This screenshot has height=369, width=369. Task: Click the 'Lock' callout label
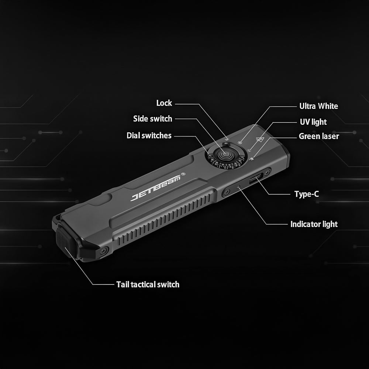[x=164, y=103]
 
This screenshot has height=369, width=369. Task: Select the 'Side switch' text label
[x=152, y=119]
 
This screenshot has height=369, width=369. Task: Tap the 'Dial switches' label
[x=149, y=135]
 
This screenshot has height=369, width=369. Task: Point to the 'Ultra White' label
[x=319, y=106]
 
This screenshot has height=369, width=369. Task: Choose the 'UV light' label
[x=313, y=122]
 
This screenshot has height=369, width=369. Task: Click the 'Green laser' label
[x=319, y=136]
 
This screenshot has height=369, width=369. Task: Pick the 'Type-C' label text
[x=307, y=194]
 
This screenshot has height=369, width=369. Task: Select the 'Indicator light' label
[x=314, y=224]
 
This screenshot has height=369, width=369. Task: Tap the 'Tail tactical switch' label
[x=148, y=284]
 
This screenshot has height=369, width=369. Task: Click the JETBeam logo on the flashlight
[x=156, y=188]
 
